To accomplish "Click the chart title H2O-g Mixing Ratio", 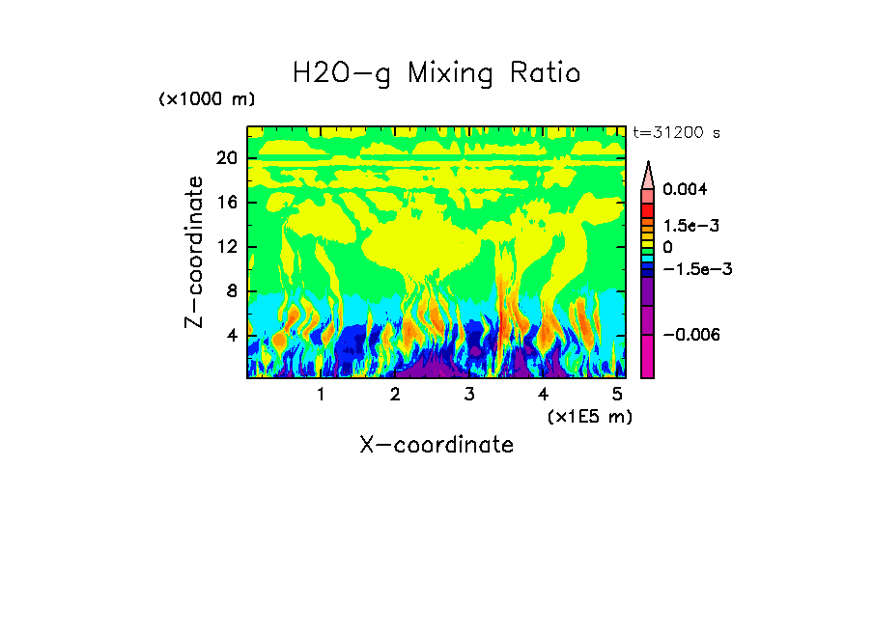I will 436,73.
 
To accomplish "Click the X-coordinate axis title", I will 436,445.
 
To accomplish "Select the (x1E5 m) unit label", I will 589,416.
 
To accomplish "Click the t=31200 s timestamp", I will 676,133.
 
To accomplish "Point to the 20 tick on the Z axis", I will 226,159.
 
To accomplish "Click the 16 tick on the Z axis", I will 226,203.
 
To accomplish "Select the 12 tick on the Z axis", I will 226,247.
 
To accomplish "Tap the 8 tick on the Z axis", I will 231,291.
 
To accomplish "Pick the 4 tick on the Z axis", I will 231,336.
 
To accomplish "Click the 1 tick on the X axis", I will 321,395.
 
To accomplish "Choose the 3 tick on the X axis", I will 469,395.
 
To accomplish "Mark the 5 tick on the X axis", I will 618,395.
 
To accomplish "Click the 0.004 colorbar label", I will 685,189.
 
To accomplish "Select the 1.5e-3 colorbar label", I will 691,225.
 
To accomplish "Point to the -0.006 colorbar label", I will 691,334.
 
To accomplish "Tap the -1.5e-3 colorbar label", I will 696,269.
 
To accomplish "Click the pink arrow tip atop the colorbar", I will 648,174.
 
